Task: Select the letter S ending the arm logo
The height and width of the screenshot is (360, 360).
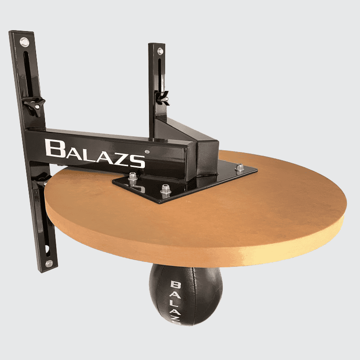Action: (138, 161)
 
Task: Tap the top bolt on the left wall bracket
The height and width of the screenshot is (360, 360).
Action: (23, 42)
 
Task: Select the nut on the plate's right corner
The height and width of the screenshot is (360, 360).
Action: (240, 167)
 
